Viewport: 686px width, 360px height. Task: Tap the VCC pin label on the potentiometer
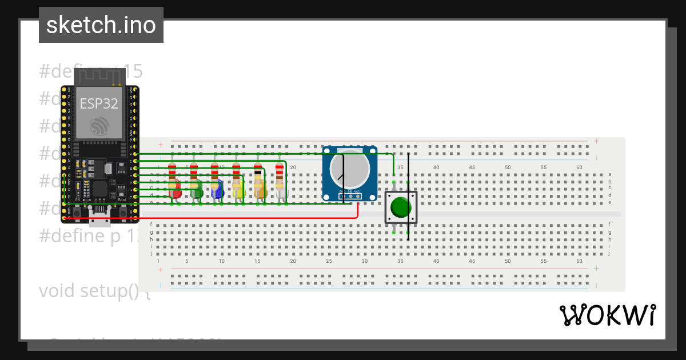click(357, 191)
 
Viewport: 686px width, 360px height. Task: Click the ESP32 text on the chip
click(99, 104)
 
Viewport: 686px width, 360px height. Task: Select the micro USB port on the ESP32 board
click(100, 216)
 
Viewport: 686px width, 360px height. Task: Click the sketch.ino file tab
click(101, 25)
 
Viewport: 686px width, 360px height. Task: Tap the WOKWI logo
click(607, 315)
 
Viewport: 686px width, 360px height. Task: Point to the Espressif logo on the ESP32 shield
click(99, 126)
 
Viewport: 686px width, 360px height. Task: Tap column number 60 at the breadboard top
click(579, 167)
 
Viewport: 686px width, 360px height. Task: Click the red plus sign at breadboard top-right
click(596, 141)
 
